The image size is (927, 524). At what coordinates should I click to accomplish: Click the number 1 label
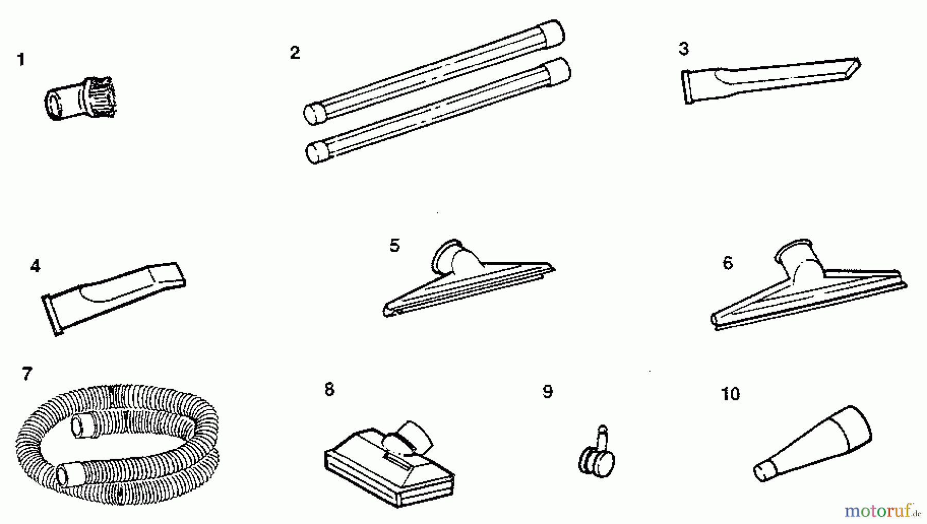pyautogui.click(x=21, y=60)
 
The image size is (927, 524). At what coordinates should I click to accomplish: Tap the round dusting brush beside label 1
pyautogui.click(x=80, y=98)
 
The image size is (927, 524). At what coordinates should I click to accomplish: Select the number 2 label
pyautogui.click(x=295, y=53)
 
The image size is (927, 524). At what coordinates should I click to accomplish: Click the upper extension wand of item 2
pyautogui.click(x=434, y=72)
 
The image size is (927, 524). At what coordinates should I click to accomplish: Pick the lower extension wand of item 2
pyautogui.click(x=438, y=110)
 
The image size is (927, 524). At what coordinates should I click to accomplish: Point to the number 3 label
pyautogui.click(x=683, y=49)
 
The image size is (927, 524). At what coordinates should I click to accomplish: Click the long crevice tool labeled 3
pyautogui.click(x=771, y=80)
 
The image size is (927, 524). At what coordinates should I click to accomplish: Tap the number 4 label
pyautogui.click(x=35, y=266)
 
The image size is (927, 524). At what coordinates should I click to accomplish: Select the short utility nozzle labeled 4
pyautogui.click(x=113, y=299)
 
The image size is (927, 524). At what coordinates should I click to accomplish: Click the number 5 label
pyautogui.click(x=394, y=246)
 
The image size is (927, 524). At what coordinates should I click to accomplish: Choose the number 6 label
pyautogui.click(x=728, y=263)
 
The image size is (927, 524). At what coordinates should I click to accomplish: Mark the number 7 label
pyautogui.click(x=27, y=374)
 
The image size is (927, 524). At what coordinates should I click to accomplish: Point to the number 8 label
pyautogui.click(x=330, y=389)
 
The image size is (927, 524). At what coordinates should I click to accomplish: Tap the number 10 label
pyautogui.click(x=730, y=394)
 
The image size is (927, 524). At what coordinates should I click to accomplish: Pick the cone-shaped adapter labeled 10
pyautogui.click(x=813, y=444)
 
